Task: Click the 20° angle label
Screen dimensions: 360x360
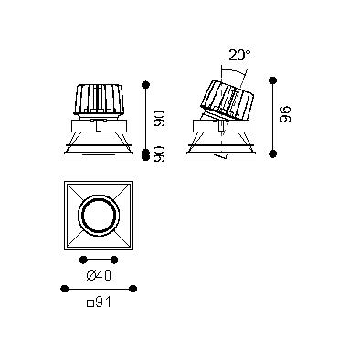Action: click(240, 55)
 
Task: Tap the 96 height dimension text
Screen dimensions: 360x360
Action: click(285, 114)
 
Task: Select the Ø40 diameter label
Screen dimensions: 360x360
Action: click(99, 276)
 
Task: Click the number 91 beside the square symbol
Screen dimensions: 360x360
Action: click(103, 302)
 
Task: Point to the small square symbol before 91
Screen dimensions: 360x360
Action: click(90, 303)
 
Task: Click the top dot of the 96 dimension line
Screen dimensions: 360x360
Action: click(273, 80)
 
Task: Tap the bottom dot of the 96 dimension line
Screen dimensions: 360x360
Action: click(273, 154)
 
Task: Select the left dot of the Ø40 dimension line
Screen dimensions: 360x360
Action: click(83, 259)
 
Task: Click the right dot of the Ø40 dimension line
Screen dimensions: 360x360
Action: click(114, 259)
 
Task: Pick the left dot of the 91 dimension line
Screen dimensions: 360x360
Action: click(64, 289)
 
